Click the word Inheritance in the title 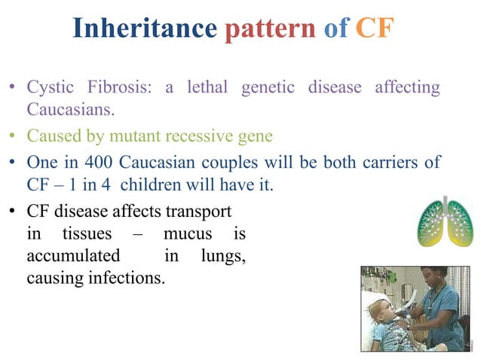pos(144,29)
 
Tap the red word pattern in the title pos(269,29)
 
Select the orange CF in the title pos(375,29)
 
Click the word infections pos(127,279)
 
